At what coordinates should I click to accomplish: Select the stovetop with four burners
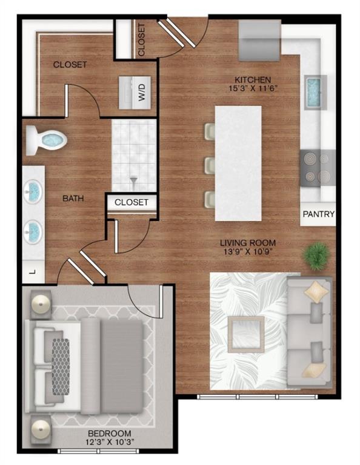[x=318, y=168]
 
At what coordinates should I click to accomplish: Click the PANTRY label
[x=318, y=214]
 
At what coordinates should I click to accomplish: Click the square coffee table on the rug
[x=245, y=334]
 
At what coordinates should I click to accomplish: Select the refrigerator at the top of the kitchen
[x=259, y=40]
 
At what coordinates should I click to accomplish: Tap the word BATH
[x=73, y=198]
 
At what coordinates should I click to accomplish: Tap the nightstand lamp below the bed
[x=41, y=426]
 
